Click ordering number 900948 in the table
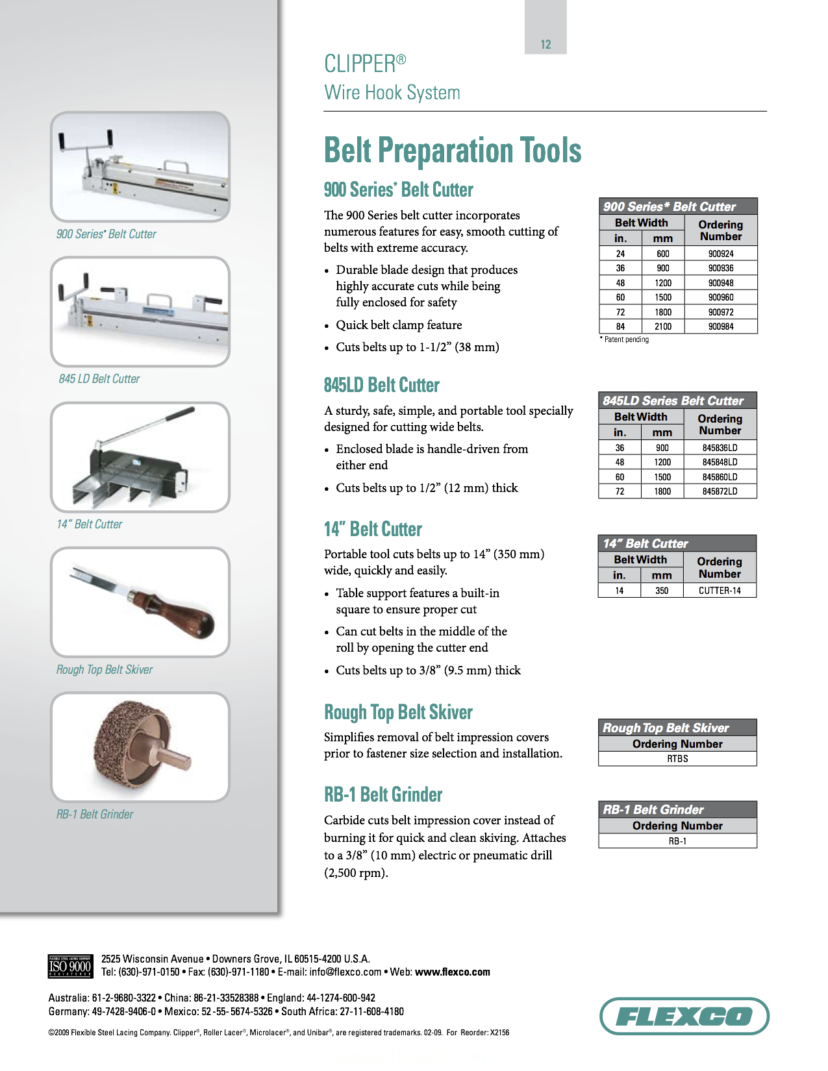point(720,283)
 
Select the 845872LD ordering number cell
point(720,491)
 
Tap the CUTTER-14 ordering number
point(720,591)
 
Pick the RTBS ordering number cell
point(677,759)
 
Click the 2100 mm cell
point(662,326)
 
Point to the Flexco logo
point(684,1016)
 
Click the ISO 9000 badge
point(69,966)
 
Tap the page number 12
point(546,45)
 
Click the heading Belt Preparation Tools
point(453,151)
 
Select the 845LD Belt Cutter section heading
point(382,385)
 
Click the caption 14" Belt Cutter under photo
point(90,524)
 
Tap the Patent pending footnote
point(625,339)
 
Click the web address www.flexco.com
point(452,972)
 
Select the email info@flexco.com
point(345,972)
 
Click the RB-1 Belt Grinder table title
point(653,809)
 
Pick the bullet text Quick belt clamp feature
point(399,325)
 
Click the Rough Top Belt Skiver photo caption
point(105,670)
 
